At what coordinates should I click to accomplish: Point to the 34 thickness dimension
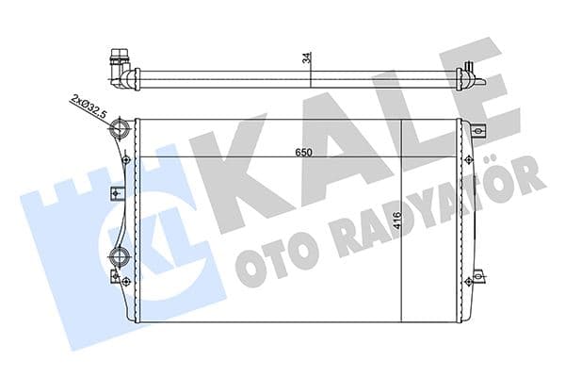click(x=306, y=57)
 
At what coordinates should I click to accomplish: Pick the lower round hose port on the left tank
click(x=118, y=256)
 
